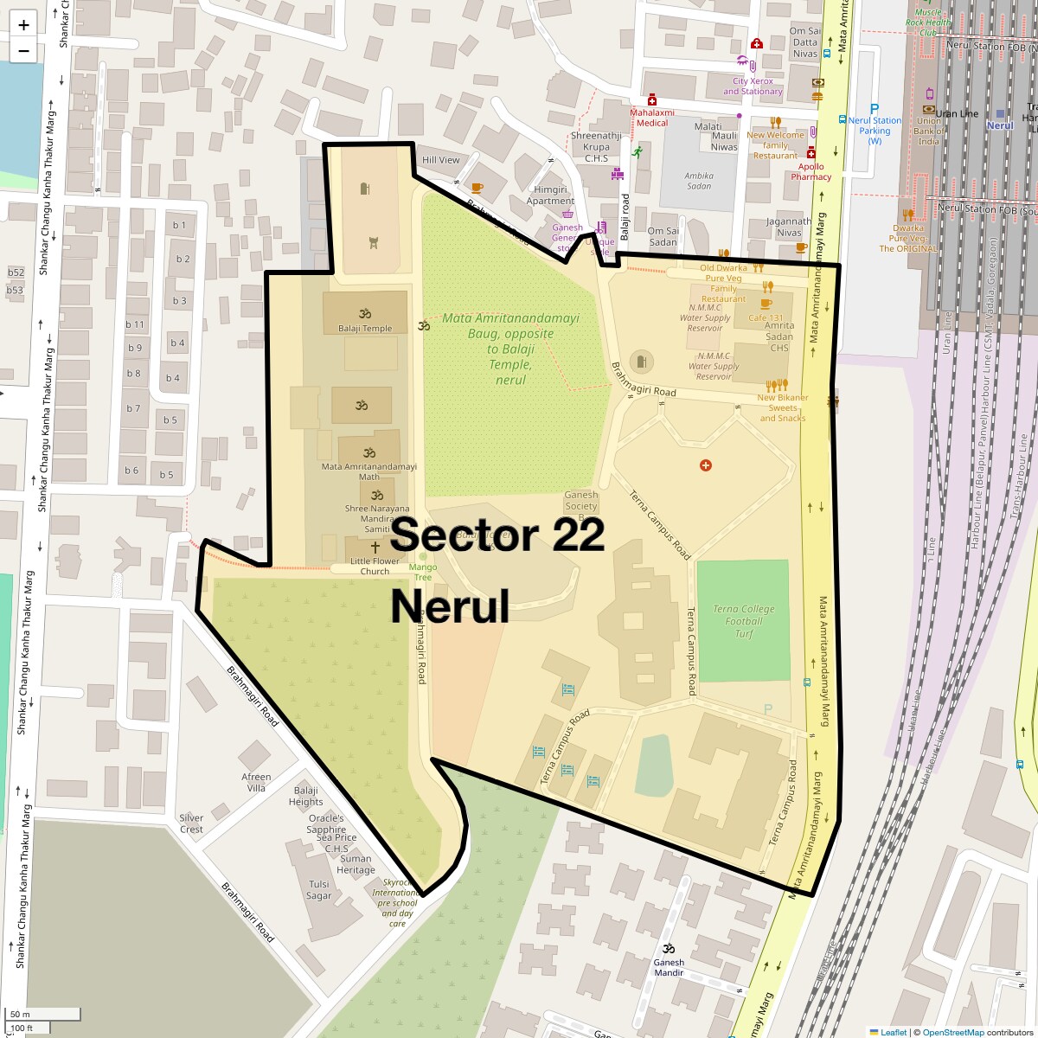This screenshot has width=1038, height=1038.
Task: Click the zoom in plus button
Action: click(23, 25)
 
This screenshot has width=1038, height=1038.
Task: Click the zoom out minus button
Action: click(23, 50)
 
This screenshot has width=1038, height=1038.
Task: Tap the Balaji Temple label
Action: click(365, 329)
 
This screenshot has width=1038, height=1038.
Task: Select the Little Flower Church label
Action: click(375, 566)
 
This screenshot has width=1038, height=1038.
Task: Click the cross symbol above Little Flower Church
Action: click(375, 548)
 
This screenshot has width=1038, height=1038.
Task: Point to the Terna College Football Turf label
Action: click(744, 621)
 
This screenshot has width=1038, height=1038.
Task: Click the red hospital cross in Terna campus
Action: click(706, 465)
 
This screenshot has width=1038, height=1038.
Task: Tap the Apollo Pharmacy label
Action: click(811, 171)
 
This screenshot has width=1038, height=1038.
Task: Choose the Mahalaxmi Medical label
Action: click(651, 118)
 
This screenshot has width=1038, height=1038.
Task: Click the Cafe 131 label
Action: click(766, 318)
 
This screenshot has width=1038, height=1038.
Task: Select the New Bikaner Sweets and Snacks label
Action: click(782, 408)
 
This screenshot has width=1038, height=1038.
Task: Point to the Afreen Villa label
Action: click(256, 782)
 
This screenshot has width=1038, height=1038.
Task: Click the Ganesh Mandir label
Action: click(669, 967)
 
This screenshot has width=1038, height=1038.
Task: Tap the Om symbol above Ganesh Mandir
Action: click(668, 948)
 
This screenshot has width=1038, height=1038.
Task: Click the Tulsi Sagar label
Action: click(319, 890)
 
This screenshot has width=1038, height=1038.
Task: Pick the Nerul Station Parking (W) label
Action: click(875, 131)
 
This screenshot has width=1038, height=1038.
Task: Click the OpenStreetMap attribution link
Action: click(952, 1032)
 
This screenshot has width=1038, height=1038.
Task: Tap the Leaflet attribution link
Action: click(894, 1032)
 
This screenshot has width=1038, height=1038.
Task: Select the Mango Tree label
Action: click(423, 572)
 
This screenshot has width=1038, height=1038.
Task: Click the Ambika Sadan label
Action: click(699, 181)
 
